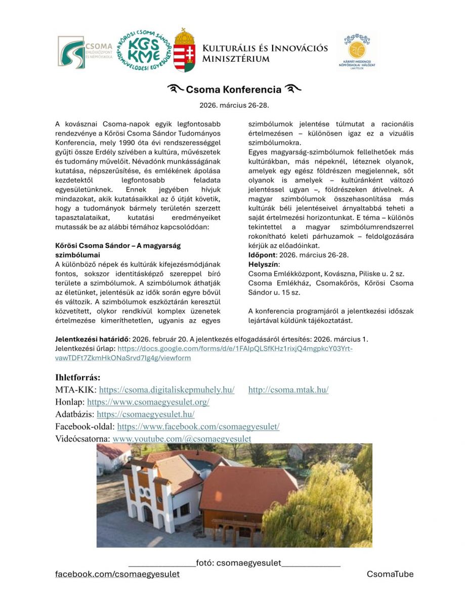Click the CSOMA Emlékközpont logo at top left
coord(84,52)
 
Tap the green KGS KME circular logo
coord(143,52)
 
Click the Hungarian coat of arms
coord(184,51)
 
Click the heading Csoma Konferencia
coord(233,90)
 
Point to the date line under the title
coord(234,106)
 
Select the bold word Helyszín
coord(263,264)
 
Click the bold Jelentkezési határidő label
coord(91,339)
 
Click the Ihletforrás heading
coord(77,377)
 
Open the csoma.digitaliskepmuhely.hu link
coord(166,390)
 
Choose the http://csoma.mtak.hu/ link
coord(288,390)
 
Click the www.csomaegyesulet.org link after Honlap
coord(148,402)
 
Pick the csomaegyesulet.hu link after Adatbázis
coord(145,414)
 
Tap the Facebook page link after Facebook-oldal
coord(198,426)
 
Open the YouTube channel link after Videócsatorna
coord(182,439)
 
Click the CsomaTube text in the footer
coord(390,574)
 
